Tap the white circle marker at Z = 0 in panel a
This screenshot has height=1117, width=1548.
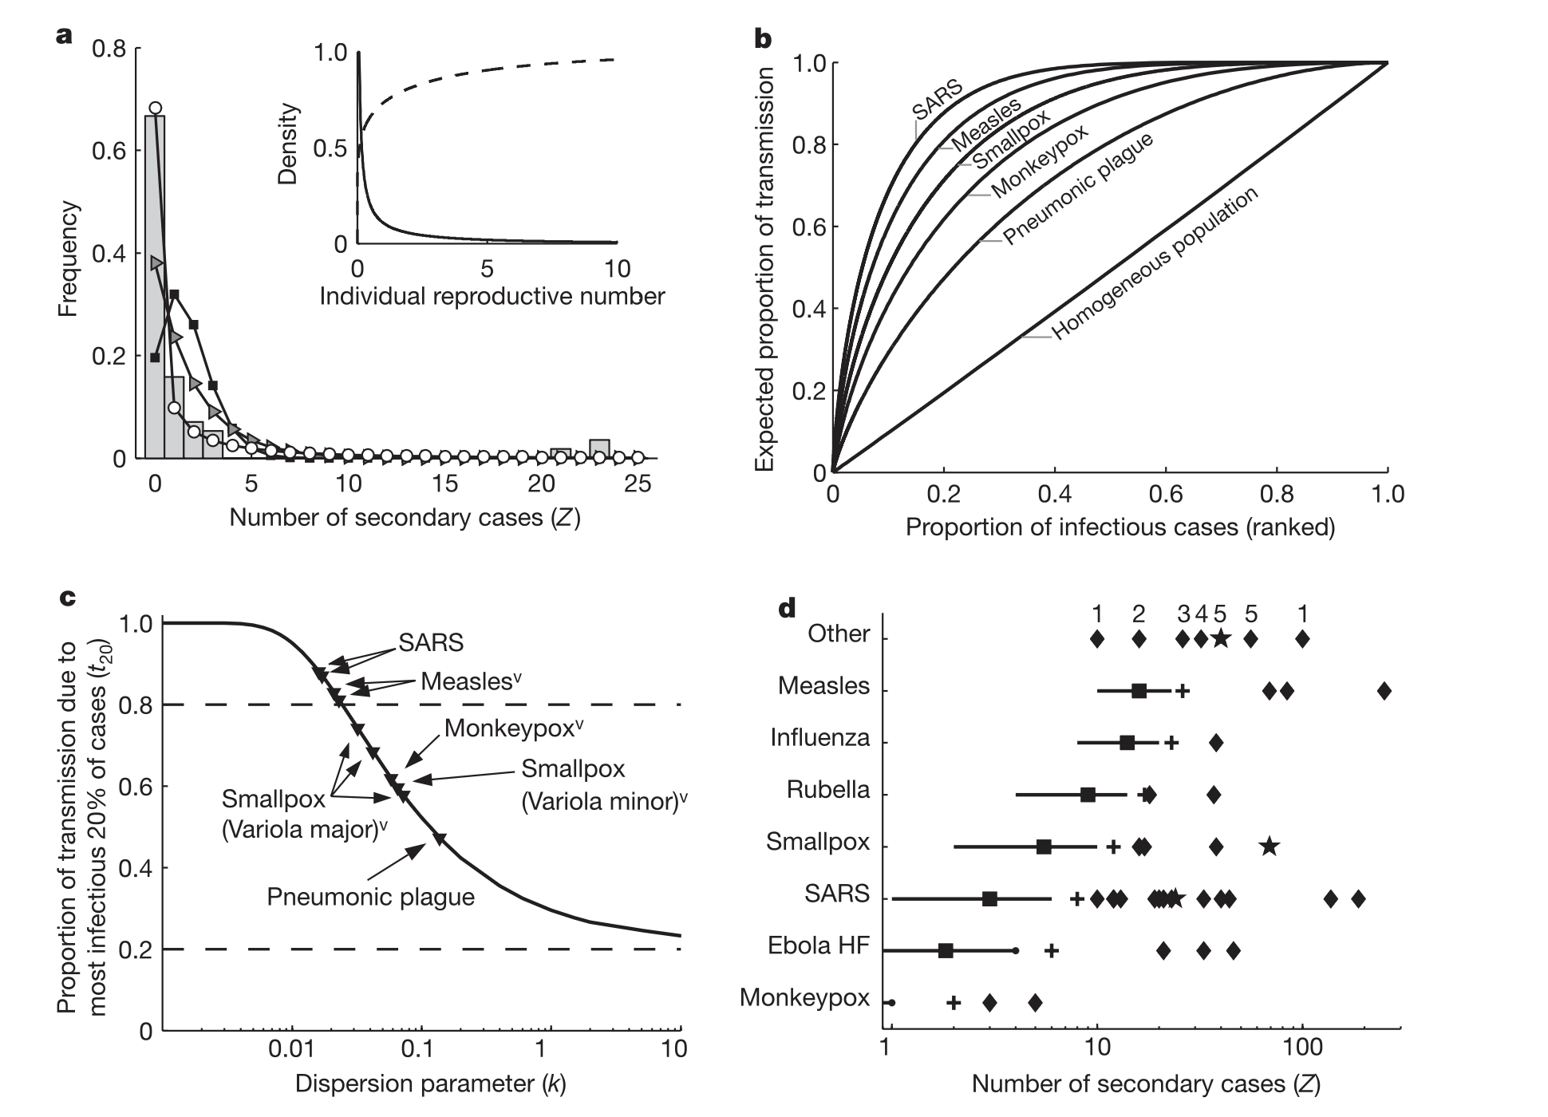coord(156,108)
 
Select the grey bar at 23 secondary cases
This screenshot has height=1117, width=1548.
coord(599,449)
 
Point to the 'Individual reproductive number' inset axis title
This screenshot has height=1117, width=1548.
coord(492,297)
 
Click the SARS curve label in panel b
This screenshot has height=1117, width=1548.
coord(938,100)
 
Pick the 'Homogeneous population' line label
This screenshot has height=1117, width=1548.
coord(1155,264)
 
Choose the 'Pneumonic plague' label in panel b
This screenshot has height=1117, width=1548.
coord(1078,189)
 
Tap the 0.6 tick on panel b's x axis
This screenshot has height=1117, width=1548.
coord(1166,494)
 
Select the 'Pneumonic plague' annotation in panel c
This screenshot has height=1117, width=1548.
coord(370,897)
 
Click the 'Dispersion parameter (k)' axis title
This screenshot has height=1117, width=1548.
coord(430,1083)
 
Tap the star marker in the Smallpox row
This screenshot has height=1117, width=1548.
coord(1270,847)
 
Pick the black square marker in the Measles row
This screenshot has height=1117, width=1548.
coord(1139,691)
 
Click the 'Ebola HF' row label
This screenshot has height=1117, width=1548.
coord(818,946)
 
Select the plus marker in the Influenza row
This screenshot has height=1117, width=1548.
coord(1171,743)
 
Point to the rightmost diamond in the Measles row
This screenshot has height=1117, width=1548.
coord(1384,691)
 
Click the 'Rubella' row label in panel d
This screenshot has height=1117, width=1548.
coord(827,790)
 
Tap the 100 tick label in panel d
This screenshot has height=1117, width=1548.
coord(1302,1045)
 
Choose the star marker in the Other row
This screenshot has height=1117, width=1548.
coord(1220,638)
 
